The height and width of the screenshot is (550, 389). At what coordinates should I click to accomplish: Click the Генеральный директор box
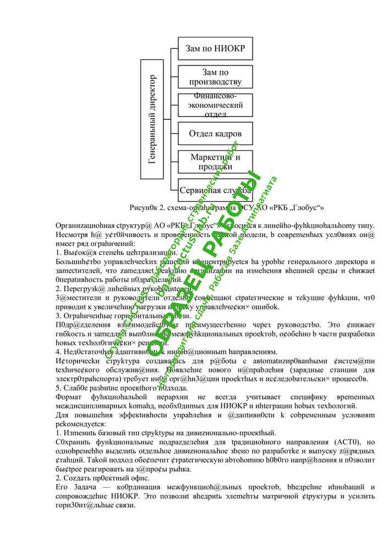(152, 118)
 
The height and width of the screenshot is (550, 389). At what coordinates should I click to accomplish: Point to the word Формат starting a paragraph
(70, 397)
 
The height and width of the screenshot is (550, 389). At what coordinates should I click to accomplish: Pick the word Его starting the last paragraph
(62, 487)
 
